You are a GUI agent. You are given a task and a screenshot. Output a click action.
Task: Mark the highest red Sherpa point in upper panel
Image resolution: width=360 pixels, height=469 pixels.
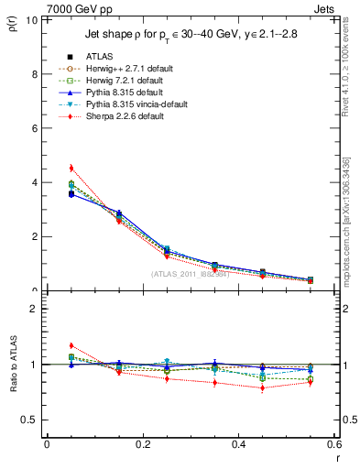click(x=71, y=168)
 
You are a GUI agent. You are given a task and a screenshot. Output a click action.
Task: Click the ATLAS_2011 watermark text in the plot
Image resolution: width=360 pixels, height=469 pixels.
click(x=190, y=274)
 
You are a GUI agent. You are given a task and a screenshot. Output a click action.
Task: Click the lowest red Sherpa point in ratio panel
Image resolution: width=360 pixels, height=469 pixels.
click(x=262, y=387)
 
